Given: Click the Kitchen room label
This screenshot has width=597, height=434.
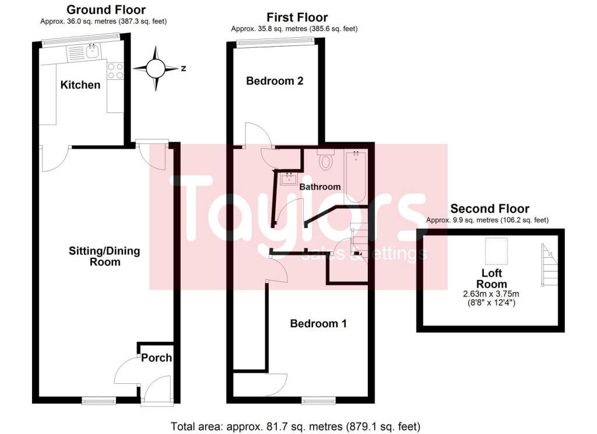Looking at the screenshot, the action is (x=80, y=85).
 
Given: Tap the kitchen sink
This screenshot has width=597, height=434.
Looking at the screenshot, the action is (x=91, y=52).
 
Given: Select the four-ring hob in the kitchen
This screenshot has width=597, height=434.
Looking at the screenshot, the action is (x=115, y=71).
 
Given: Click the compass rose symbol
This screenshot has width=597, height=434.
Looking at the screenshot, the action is (x=156, y=69).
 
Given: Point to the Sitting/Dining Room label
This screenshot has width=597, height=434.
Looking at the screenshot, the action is (x=97, y=257).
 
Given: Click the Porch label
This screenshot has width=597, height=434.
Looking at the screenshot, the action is (x=156, y=357).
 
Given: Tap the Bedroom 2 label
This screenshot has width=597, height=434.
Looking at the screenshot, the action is (x=275, y=81).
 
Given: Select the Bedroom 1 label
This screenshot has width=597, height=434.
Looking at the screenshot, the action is (x=318, y=323).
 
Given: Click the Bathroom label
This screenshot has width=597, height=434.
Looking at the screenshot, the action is (x=320, y=187).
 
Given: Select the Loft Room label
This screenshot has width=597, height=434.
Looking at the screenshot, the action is (x=491, y=278).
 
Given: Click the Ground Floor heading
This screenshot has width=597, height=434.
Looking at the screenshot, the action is (x=106, y=10).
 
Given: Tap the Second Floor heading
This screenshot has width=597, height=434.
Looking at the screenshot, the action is (x=490, y=209).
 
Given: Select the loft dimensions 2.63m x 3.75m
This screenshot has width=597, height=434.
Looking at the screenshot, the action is (x=491, y=295).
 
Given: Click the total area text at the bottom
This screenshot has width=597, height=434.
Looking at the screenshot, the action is (x=296, y=426).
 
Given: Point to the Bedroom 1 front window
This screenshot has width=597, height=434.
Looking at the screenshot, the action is (x=319, y=400).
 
